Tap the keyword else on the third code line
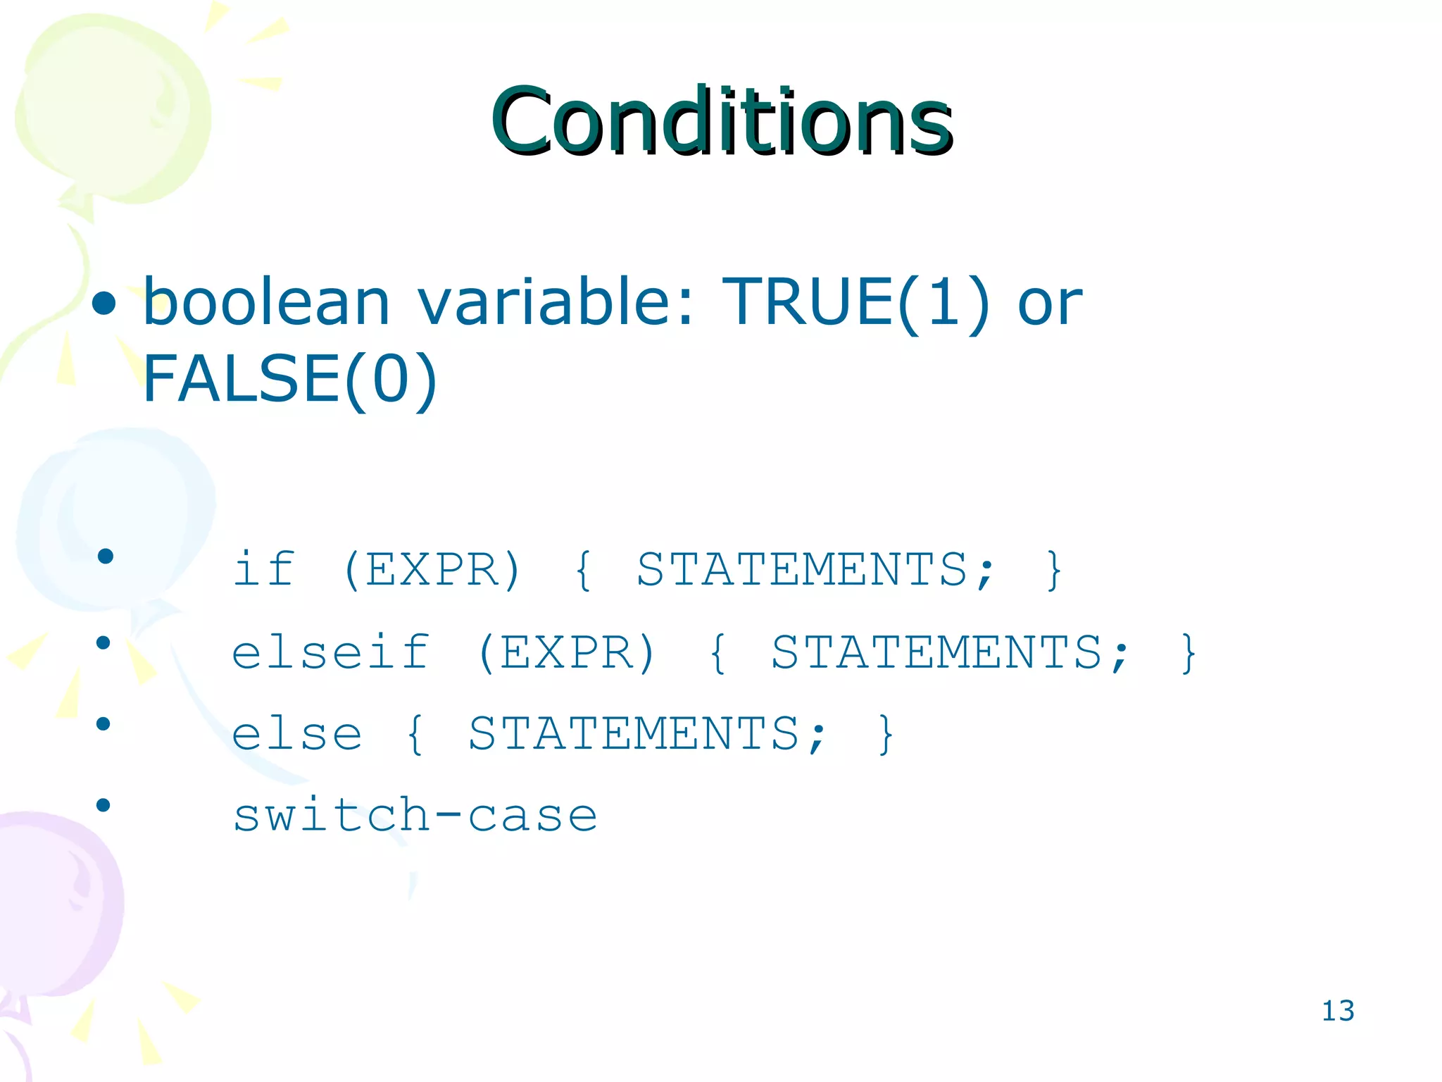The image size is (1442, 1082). [296, 734]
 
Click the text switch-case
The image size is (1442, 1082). [415, 816]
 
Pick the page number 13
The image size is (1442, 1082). [1337, 1011]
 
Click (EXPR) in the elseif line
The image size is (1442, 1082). [567, 652]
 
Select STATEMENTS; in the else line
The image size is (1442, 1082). [646, 734]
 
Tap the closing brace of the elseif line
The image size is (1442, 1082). [1189, 653]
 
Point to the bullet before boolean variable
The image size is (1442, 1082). [104, 304]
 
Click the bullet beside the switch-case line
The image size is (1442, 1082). [104, 805]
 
